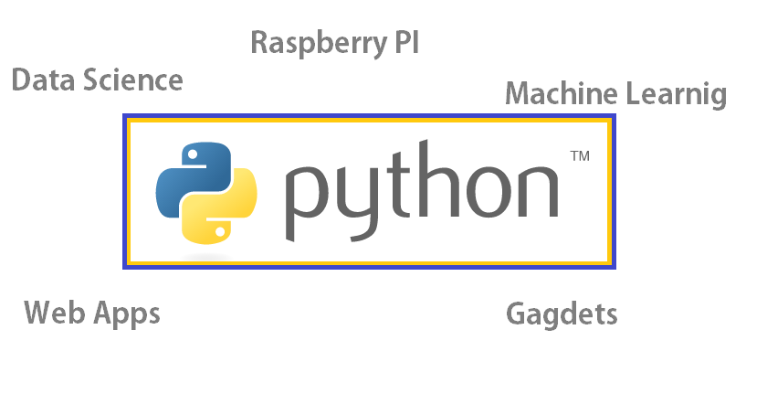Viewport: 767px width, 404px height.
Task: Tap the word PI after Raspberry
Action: click(402, 42)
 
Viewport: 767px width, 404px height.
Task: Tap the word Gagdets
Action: click(562, 314)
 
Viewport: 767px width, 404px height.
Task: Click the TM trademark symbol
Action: click(579, 156)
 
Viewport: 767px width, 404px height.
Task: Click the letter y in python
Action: click(359, 200)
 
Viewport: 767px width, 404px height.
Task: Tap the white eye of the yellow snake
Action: click(219, 233)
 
